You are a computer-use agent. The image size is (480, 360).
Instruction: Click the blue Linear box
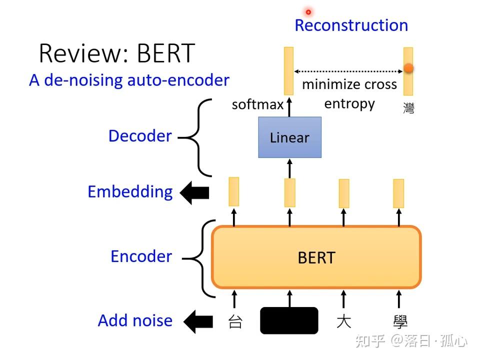coord(289,137)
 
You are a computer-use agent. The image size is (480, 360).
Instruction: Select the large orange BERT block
coord(316,257)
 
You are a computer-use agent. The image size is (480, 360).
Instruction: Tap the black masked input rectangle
coord(289,320)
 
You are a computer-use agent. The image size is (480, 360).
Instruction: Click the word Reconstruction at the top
coord(351,25)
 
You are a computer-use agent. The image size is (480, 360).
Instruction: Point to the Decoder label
coord(140,136)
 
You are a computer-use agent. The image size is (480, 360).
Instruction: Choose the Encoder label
coord(141,256)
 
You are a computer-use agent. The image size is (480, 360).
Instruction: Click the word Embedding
coord(130,192)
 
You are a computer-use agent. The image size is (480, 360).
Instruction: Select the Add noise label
coord(135,320)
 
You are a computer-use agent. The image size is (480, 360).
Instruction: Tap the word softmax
coord(257,104)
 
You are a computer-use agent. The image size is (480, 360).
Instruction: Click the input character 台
coord(235,321)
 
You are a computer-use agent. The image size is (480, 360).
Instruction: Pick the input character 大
coord(343,321)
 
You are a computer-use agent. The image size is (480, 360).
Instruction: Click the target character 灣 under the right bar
coord(408,108)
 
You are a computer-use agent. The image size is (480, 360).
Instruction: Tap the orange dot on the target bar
coord(408,68)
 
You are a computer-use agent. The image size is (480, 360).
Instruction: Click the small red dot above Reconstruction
coord(308,11)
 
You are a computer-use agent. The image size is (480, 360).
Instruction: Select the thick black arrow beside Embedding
coord(194,193)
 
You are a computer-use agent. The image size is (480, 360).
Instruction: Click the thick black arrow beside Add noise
coord(198,321)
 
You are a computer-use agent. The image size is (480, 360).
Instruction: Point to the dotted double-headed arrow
coord(349,71)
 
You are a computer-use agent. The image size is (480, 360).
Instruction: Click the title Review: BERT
coord(116,53)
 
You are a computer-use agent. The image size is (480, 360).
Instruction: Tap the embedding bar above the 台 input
coord(233,191)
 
